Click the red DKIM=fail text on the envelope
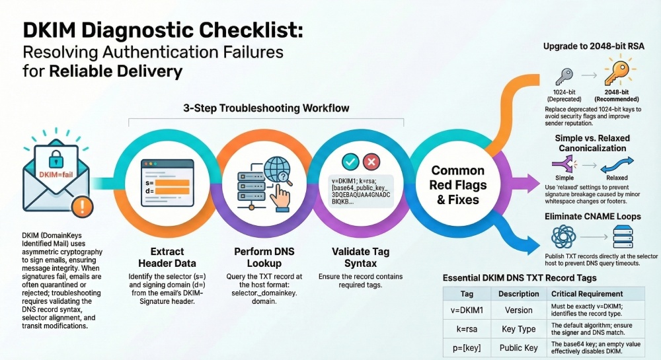click(56, 175)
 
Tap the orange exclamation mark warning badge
click(82, 206)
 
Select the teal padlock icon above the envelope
click(56, 159)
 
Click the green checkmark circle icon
click(350, 162)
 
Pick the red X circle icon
click(371, 162)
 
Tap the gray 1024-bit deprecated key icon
click(564, 77)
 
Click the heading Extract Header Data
click(167, 257)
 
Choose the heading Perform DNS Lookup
click(264, 257)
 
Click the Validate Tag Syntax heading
click(360, 257)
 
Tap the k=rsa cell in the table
click(467, 329)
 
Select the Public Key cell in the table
click(518, 348)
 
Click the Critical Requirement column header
click(587, 294)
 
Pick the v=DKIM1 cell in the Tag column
click(467, 310)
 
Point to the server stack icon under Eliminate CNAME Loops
click(623, 236)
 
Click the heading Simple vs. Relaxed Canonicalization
click(592, 143)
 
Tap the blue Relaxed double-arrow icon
click(617, 164)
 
